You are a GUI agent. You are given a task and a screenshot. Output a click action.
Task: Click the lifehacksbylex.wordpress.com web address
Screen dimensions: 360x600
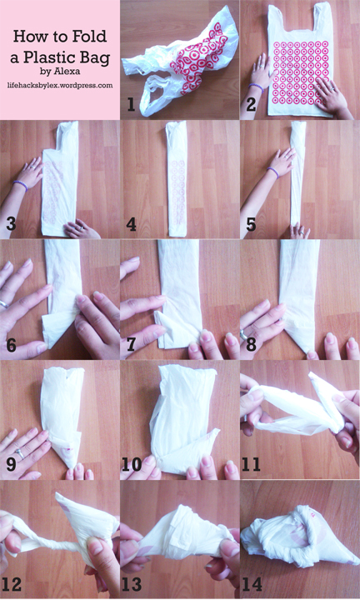60,85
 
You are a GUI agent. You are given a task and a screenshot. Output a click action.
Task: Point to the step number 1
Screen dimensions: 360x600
131,103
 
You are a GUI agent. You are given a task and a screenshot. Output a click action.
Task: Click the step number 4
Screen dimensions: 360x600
131,224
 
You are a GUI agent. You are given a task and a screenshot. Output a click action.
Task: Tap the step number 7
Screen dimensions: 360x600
131,344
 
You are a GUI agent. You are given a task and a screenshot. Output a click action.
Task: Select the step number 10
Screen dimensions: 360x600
132,464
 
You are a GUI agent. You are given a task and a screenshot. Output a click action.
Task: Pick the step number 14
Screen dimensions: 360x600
252,584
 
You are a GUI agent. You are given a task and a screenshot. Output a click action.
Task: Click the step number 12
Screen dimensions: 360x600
12,584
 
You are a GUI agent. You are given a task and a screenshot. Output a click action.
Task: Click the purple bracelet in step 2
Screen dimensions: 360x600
257,87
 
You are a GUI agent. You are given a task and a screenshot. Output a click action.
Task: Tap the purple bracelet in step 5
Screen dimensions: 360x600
272,172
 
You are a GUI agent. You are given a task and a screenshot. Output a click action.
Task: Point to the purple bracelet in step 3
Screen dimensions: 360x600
20,185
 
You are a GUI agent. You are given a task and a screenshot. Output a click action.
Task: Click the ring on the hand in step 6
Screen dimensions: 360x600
4,304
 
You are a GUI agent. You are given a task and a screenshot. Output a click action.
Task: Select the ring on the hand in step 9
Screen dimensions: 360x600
19,454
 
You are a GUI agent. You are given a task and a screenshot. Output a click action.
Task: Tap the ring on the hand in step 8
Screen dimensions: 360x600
243,335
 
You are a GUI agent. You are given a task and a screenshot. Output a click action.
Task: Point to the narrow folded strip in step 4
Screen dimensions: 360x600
177,178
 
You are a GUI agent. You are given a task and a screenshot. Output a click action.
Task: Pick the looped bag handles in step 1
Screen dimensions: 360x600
152,93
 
